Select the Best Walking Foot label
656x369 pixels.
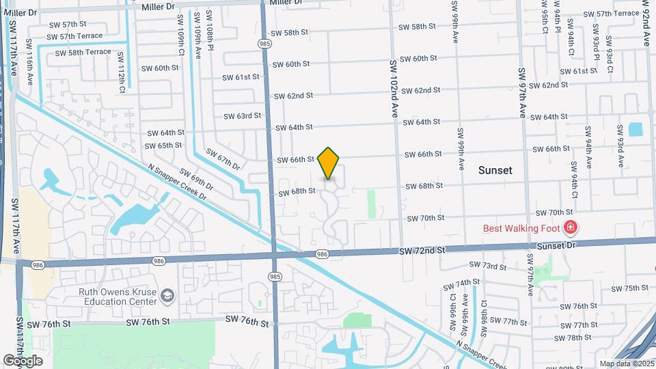coord(521,228)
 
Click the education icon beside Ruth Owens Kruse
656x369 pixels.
coord(168,295)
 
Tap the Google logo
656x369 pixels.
coord(23,360)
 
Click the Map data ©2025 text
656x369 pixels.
coord(626,364)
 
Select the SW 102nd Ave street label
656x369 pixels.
coord(394,90)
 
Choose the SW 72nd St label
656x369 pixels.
coord(422,251)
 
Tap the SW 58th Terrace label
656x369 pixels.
coord(83,52)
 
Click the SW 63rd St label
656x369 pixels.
coord(243,115)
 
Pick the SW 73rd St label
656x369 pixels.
coord(488,266)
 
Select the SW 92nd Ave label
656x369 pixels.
coord(646,24)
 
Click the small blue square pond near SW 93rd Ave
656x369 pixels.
coord(635,129)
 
